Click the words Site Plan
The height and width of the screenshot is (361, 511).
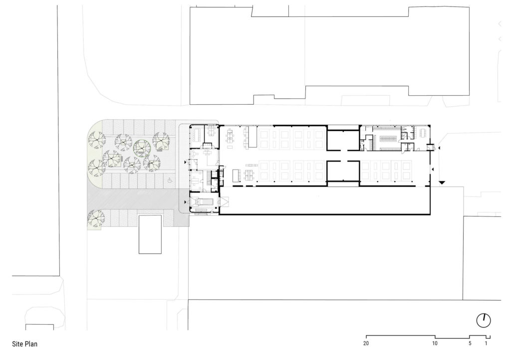[x=25, y=344]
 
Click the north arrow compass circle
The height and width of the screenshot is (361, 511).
[x=483, y=321]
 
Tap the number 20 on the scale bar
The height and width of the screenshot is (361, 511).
[x=366, y=344]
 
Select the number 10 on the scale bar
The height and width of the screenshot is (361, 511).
[x=435, y=344]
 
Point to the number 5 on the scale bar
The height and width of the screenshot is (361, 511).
[x=470, y=344]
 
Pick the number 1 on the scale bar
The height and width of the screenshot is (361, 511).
[x=486, y=344]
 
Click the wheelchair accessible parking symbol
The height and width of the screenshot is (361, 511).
[x=169, y=181]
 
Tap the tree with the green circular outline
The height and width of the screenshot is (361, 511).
[x=143, y=147]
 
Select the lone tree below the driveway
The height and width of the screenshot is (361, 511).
[x=95, y=217]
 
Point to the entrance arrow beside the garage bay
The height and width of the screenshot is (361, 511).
[x=187, y=202]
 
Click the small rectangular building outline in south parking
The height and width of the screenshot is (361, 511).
[x=150, y=234]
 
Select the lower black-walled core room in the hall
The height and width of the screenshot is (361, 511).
[x=342, y=173]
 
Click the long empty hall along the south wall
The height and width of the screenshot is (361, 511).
[x=324, y=201]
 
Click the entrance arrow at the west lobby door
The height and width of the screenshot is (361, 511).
[x=187, y=162]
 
